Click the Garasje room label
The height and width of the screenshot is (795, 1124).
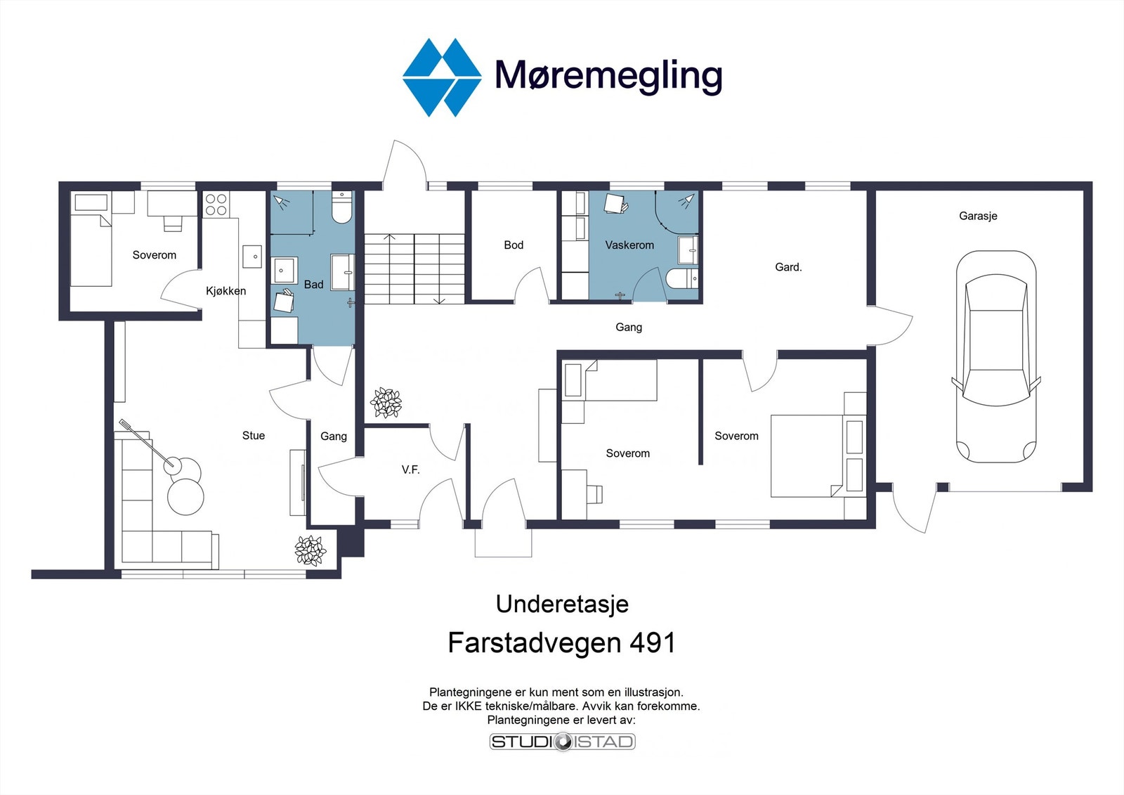pyautogui.click(x=978, y=216)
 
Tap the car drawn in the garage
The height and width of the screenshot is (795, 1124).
pyautogui.click(x=995, y=356)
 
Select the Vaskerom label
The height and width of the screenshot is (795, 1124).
pyautogui.click(x=629, y=245)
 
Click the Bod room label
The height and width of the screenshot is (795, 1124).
pyautogui.click(x=514, y=245)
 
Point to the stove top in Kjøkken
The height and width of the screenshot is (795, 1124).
pyautogui.click(x=216, y=204)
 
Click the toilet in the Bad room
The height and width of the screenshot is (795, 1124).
pyautogui.click(x=341, y=209)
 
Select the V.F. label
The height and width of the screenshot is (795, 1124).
pyautogui.click(x=411, y=470)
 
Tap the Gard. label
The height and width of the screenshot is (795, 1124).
pyautogui.click(x=788, y=267)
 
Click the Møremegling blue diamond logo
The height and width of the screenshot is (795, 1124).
pyautogui.click(x=442, y=77)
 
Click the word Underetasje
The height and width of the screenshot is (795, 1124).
pyautogui.click(x=562, y=604)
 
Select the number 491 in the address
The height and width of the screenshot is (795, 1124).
pyautogui.click(x=653, y=643)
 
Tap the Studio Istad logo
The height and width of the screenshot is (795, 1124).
pyautogui.click(x=562, y=742)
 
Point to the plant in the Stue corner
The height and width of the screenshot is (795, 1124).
pyautogui.click(x=310, y=550)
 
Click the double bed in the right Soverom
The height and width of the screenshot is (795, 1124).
pyautogui.click(x=808, y=455)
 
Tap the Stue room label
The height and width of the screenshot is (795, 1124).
pyautogui.click(x=254, y=436)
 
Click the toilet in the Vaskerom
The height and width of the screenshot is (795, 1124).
pyautogui.click(x=682, y=278)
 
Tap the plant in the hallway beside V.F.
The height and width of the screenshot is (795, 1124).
pyautogui.click(x=386, y=403)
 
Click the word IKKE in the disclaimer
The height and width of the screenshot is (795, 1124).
pyautogui.click(x=469, y=706)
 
